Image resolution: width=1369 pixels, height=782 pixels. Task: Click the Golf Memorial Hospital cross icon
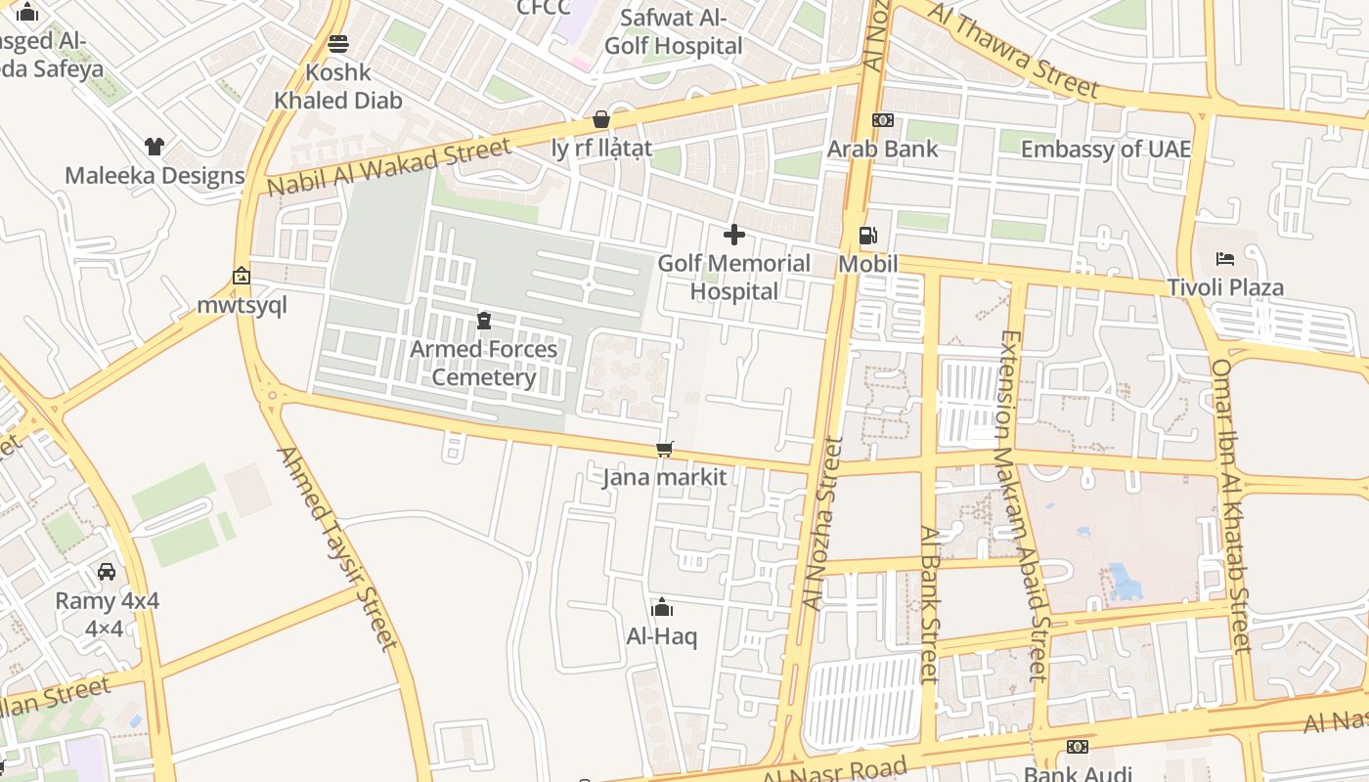coord(733,235)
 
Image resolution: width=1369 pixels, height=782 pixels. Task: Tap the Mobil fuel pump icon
coord(867,236)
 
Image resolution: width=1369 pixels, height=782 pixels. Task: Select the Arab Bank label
coord(882,149)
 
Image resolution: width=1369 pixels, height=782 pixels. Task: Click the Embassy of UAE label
coord(1106,149)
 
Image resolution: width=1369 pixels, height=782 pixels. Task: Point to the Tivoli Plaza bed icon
coord(1224,259)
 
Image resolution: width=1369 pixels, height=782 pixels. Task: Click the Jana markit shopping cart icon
coord(665,449)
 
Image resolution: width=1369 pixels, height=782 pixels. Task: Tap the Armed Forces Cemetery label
coord(483,363)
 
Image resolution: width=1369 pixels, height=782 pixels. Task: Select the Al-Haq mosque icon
coord(662,607)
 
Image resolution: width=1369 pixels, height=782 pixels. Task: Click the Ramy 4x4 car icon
coord(107,571)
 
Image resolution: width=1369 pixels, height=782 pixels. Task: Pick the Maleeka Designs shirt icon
coord(155,147)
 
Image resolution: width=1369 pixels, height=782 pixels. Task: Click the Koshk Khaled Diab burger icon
coord(338,43)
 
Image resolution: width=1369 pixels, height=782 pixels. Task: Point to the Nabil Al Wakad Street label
coord(388,167)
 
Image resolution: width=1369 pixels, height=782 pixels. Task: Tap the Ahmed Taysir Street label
coord(338,547)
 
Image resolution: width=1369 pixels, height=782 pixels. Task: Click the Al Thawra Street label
coord(1013,49)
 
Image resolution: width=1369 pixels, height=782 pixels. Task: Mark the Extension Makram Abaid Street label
coord(1023,505)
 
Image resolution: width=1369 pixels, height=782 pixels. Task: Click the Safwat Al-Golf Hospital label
coord(673,31)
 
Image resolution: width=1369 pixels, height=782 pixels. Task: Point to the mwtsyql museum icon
coord(242,277)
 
